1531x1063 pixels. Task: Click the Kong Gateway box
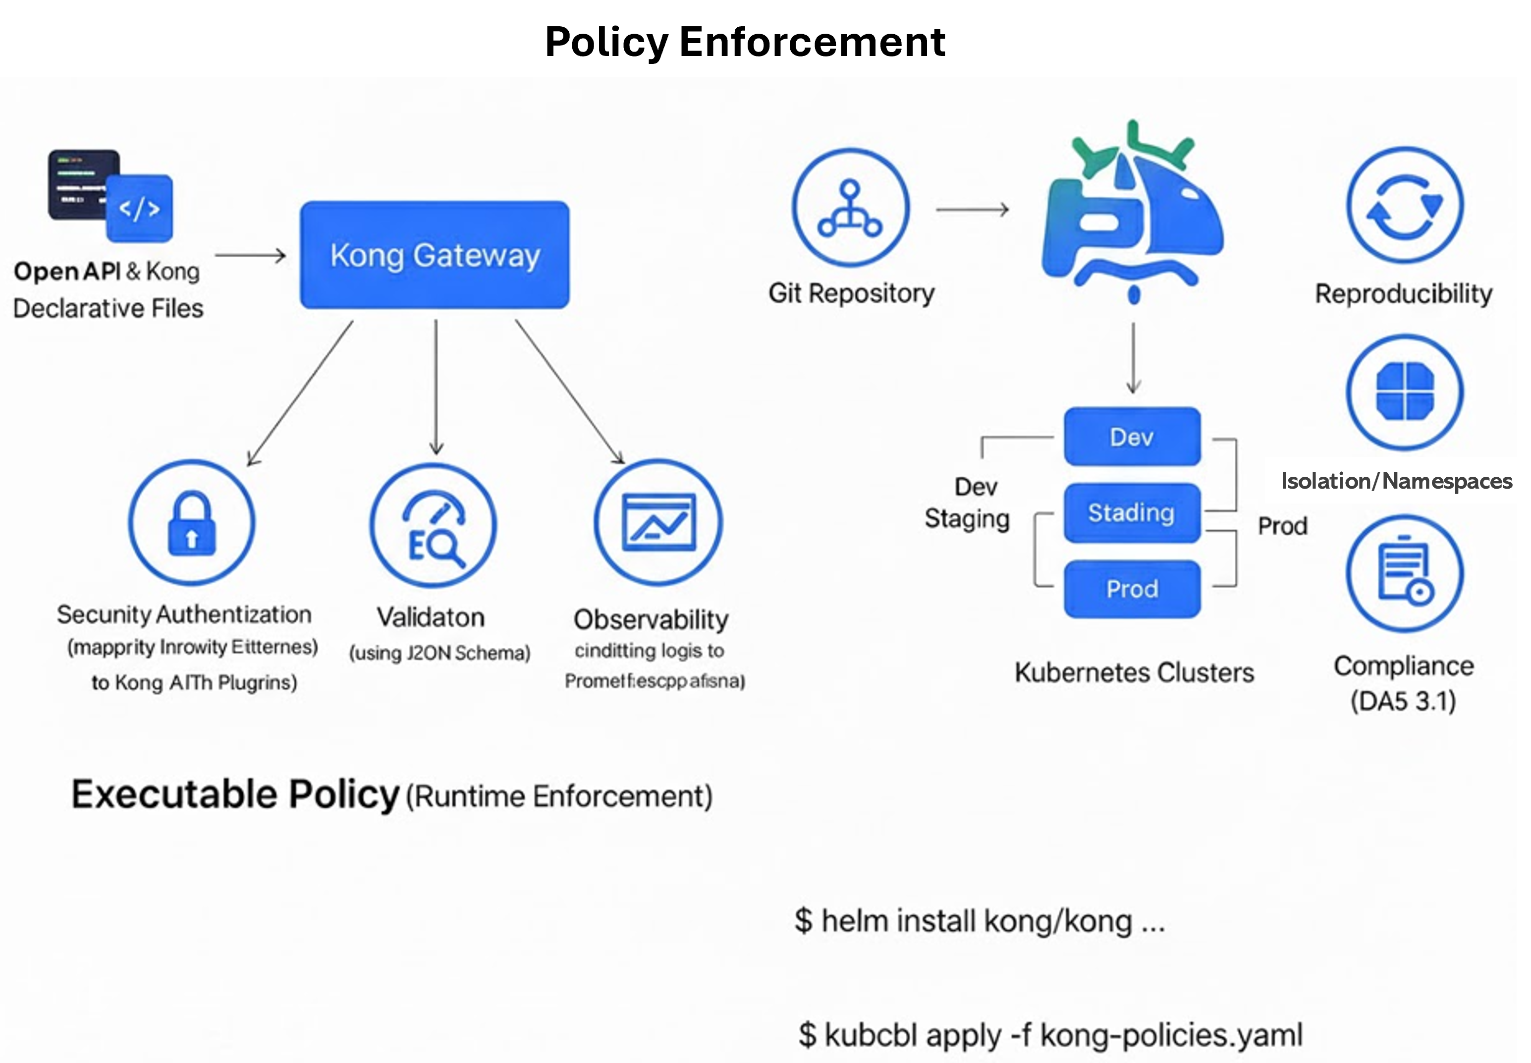434,255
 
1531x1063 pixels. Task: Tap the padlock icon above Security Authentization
191,522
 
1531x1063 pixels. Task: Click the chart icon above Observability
658,522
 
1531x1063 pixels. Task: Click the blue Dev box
1132,437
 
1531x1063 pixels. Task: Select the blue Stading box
1132,513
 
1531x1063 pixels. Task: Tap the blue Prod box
1132,589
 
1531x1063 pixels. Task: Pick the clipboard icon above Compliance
1405,573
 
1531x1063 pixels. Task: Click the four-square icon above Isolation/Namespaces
1405,392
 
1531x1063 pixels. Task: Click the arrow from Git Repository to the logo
972,210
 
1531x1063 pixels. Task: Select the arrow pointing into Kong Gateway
250,256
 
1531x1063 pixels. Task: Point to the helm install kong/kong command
979,921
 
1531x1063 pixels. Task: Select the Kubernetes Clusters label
1134,672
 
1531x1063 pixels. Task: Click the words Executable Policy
234,794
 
